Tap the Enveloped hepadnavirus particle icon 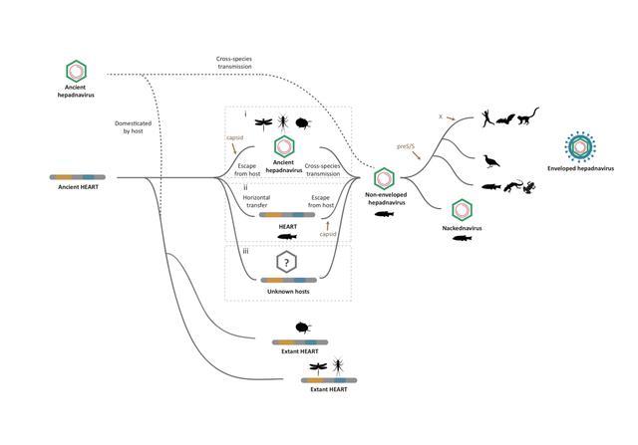578,145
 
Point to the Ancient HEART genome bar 83,176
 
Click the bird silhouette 490,158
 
